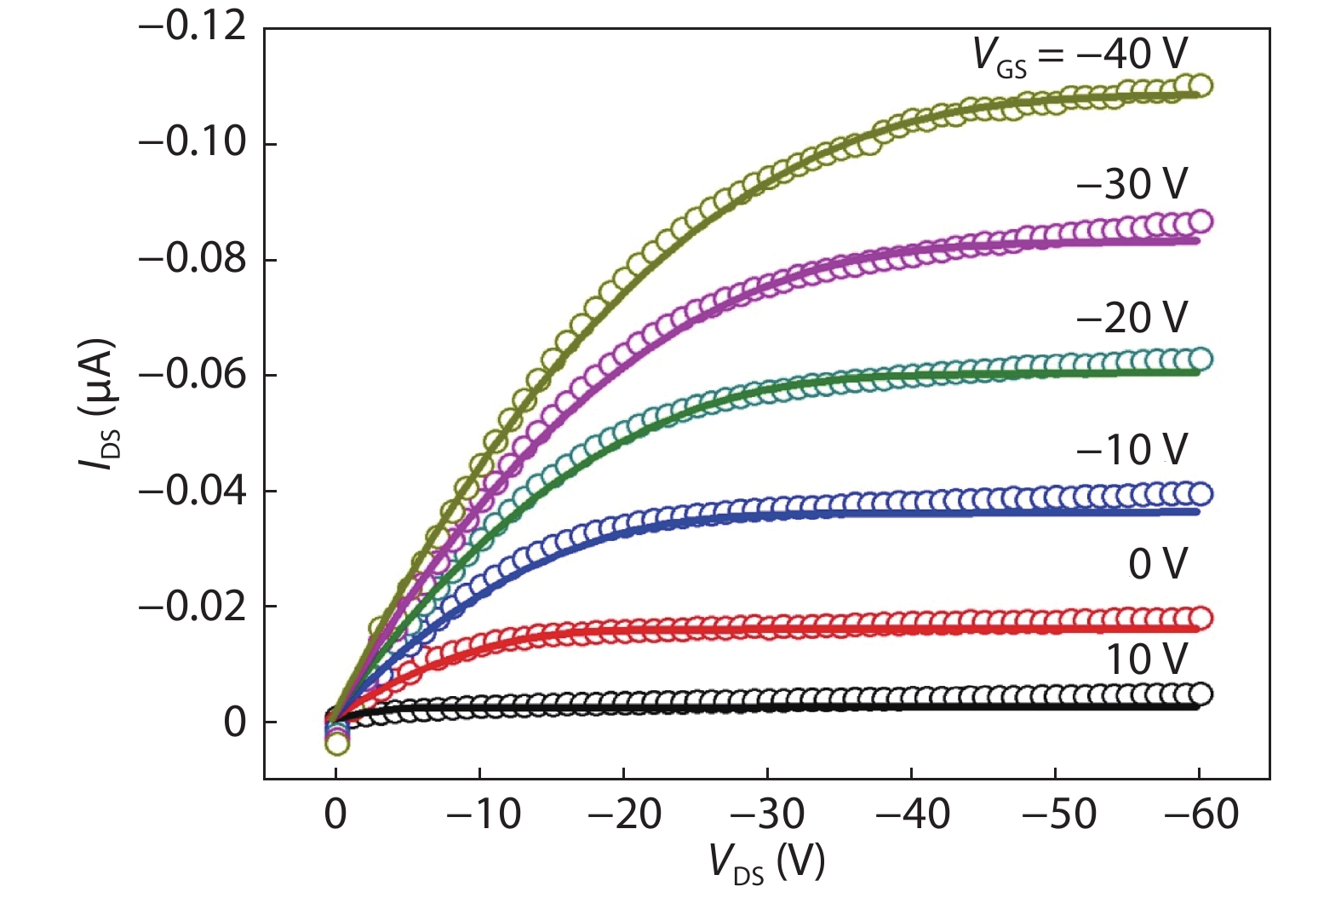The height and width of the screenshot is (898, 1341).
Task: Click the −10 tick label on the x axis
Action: pos(483,815)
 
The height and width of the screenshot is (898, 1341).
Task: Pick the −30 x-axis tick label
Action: pos(768,815)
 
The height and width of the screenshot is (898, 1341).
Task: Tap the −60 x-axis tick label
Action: pos(1201,815)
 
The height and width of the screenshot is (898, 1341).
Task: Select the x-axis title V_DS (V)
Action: pos(767,862)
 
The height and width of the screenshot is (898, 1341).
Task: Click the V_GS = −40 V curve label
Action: pos(1080,55)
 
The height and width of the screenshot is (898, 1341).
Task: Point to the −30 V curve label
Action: pos(1132,184)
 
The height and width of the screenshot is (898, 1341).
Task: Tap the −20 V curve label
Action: pos(1132,318)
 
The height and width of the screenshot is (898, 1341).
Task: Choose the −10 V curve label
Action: pos(1132,449)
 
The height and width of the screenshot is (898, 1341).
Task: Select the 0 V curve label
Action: pos(1157,564)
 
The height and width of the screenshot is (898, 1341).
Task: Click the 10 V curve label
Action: pos(1146,659)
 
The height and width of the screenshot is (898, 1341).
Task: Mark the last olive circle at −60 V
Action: pos(1201,85)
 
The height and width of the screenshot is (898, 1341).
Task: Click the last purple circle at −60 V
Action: pos(1201,222)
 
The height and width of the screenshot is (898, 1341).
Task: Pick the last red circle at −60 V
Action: pos(1201,618)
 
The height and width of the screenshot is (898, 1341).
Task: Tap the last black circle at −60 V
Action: pos(1201,694)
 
